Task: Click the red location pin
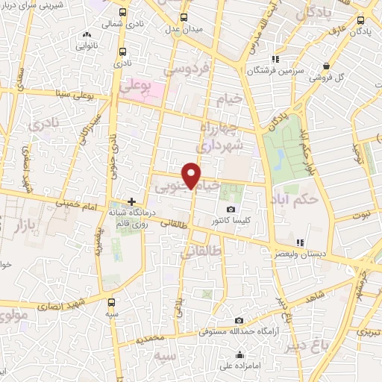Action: coord(192,175)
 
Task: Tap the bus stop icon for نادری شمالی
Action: coord(122,13)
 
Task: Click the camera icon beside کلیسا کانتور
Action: coord(231,209)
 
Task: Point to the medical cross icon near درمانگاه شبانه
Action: coord(132,201)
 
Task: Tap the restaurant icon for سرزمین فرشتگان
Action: coord(275,58)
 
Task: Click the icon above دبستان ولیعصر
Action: coord(299,242)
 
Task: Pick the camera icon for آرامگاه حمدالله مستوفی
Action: coord(239,320)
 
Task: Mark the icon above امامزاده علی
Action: coord(239,354)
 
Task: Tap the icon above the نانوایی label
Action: coord(87,34)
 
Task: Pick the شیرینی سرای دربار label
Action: coord(41,7)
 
